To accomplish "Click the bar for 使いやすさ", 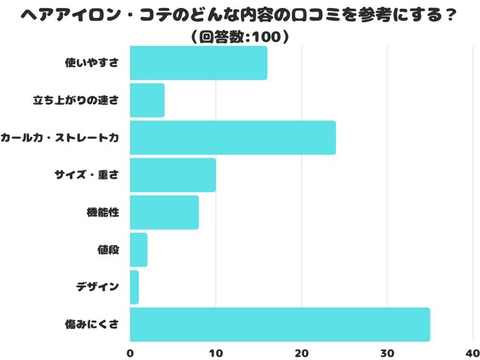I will tap(198, 63).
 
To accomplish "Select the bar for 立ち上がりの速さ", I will tap(147, 100).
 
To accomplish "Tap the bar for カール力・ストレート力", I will tap(233, 138).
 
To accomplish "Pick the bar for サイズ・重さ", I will tap(173, 175).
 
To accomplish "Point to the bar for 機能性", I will tap(164, 212).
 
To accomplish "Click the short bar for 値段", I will tap(139, 250).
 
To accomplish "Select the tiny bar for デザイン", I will tap(134, 287).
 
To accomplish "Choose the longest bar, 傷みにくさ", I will tap(280, 325).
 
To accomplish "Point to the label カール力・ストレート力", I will tap(60, 138).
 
